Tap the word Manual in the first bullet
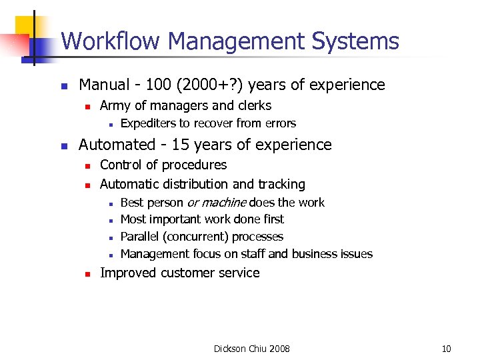pyautogui.click(x=103, y=85)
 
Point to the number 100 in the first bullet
pyautogui.click(x=161, y=85)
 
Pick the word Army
pyautogui.click(x=115, y=105)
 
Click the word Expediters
pyautogui.click(x=148, y=123)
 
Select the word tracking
pyautogui.click(x=281, y=184)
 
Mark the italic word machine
pyautogui.click(x=224, y=202)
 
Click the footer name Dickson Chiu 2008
pyautogui.click(x=251, y=349)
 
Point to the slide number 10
pyautogui.click(x=446, y=349)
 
